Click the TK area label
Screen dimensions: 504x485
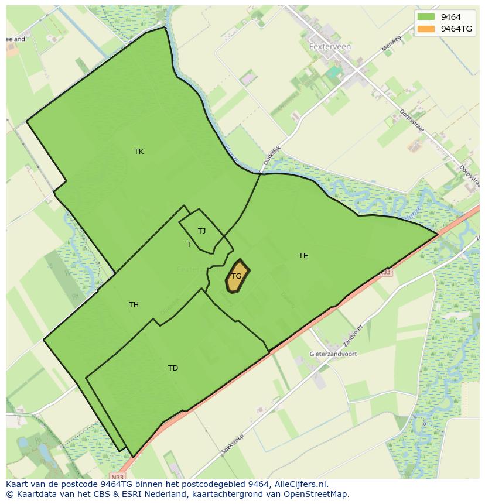[139, 152]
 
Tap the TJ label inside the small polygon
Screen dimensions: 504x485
[201, 231]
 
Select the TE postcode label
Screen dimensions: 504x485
[303, 256]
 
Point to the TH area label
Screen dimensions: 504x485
[134, 305]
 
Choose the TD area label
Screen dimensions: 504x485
[173, 368]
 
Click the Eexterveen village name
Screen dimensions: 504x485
[330, 47]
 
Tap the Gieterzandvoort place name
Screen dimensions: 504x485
[333, 354]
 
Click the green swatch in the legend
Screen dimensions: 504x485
[426, 17]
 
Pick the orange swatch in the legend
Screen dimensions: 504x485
[426, 29]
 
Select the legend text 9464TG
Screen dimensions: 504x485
[456, 29]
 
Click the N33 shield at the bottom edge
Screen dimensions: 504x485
[118, 476]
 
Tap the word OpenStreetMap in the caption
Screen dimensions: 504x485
[317, 494]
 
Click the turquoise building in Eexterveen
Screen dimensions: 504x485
[334, 71]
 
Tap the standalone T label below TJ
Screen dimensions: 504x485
[189, 245]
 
